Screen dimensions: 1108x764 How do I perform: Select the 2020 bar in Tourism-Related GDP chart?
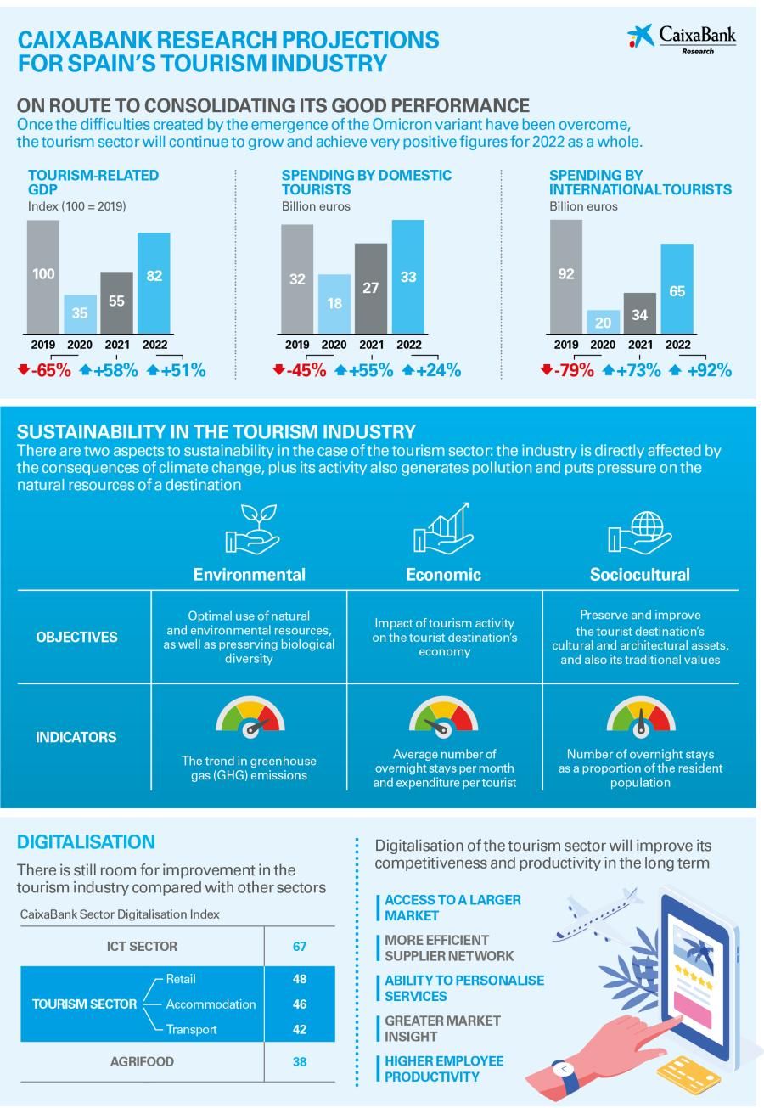click(79, 313)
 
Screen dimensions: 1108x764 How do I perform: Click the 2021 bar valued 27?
click(371, 288)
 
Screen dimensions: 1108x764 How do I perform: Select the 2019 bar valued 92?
click(565, 276)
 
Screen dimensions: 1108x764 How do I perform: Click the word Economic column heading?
click(443, 575)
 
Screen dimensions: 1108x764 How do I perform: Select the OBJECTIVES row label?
click(76, 638)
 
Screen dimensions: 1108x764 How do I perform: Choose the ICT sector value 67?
click(299, 947)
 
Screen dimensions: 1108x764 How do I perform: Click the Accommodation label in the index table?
click(211, 1004)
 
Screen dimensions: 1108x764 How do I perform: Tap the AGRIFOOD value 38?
click(299, 1062)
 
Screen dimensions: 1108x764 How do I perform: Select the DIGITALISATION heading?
click(86, 842)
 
